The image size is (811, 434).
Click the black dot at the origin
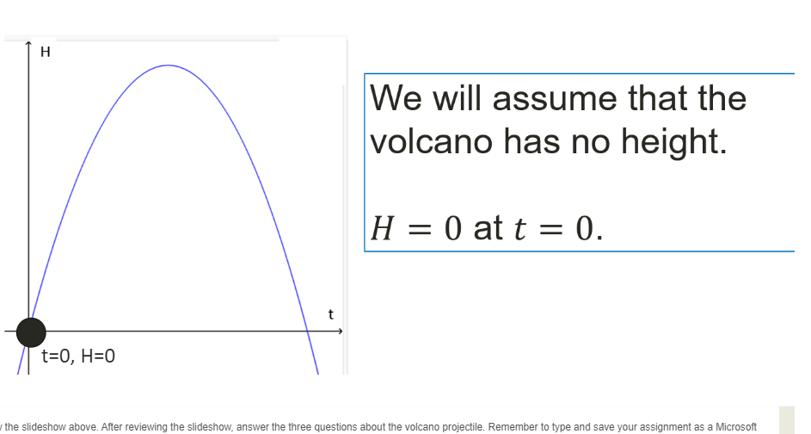[31, 332]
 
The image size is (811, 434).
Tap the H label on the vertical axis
[45, 52]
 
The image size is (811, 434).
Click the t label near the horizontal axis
[331, 314]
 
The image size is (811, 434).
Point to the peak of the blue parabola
[168, 65]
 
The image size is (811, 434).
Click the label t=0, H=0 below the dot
[78, 356]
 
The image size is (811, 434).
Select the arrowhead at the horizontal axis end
[340, 331]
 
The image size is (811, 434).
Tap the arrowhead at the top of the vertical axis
[28, 44]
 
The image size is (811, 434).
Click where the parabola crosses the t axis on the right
[307, 331]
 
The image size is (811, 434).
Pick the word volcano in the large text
[432, 141]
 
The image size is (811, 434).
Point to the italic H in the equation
[383, 228]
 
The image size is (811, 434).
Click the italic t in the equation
[519, 228]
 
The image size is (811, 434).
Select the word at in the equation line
[488, 228]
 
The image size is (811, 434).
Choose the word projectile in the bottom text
[464, 427]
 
